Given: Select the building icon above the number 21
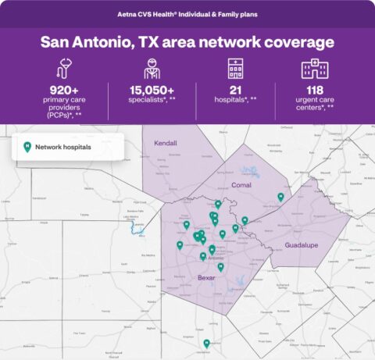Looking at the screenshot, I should [234, 68].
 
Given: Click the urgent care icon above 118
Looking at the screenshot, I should [314, 68].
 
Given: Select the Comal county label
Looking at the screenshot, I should [241, 185].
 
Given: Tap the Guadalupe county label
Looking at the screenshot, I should [302, 244].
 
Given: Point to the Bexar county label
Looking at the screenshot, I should [207, 277].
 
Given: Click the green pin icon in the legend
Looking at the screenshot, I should [27, 146].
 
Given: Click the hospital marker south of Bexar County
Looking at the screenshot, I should [206, 343].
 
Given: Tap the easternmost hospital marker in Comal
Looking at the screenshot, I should [280, 197].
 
